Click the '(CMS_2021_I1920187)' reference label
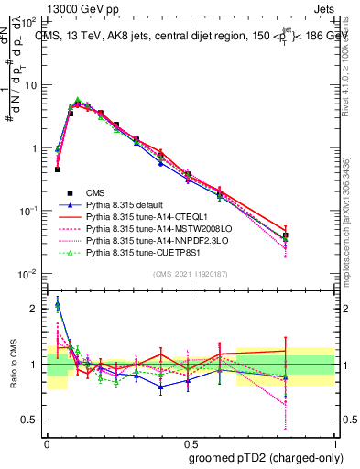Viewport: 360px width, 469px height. [191, 275]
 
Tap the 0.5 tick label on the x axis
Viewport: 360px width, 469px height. [191, 442]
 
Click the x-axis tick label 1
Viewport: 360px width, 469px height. [334, 442]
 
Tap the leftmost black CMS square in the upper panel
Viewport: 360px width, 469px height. [58, 169]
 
